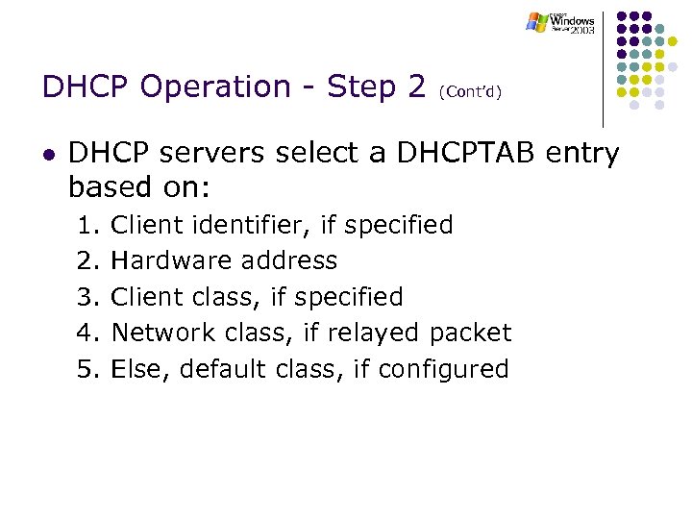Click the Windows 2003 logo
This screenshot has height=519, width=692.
pos(560,23)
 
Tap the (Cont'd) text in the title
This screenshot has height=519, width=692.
pos(470,92)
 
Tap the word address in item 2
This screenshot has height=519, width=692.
pos(289,261)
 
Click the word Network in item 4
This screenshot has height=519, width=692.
pos(163,333)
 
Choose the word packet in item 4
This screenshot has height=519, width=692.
pos(470,333)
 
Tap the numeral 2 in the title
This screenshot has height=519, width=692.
pos(416,86)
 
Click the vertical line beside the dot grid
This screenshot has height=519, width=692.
pos(604,67)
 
